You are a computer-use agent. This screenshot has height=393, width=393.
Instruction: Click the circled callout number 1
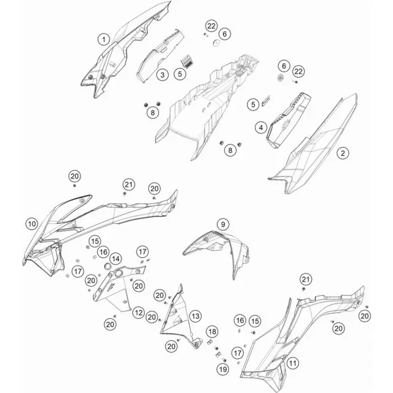[103, 40]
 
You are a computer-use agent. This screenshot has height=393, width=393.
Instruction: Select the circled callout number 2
[342, 153]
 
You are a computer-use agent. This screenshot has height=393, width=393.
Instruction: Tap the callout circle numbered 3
[162, 75]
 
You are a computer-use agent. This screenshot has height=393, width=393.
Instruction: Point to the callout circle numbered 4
[261, 128]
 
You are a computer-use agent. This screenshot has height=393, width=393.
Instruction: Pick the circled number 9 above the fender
[223, 225]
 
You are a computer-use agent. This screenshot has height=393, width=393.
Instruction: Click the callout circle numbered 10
[32, 224]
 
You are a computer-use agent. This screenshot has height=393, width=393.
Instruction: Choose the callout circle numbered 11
[293, 363]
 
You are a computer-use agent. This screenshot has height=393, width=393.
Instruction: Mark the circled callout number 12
[138, 313]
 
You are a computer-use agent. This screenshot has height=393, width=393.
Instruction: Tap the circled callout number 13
[195, 316]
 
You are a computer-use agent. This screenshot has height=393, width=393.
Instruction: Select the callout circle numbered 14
[116, 259]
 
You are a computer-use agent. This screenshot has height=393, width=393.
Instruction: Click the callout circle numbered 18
[212, 332]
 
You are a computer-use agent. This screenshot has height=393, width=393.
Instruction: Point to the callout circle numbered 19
[223, 369]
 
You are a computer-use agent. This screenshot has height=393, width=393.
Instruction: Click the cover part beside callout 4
[288, 120]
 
